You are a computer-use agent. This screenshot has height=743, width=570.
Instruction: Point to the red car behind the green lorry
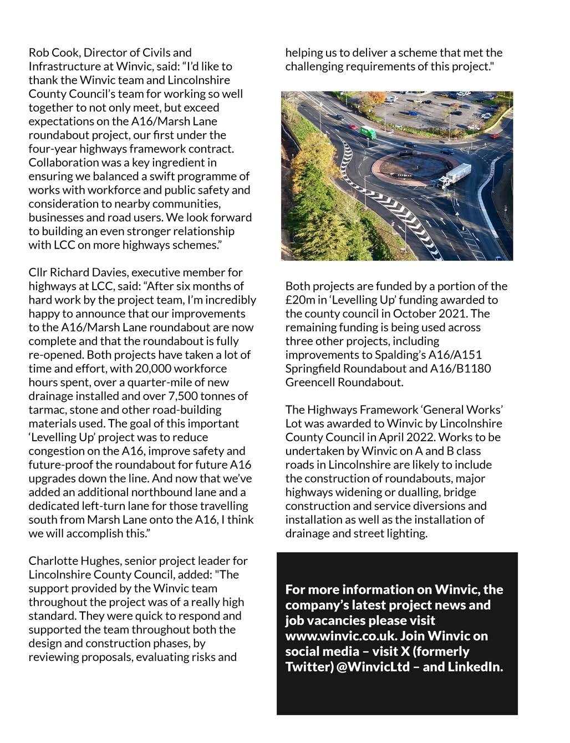coord(353,127)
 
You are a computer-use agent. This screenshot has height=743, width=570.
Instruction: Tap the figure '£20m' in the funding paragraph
coord(299,300)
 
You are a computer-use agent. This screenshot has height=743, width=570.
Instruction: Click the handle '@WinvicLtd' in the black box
coord(377,667)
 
